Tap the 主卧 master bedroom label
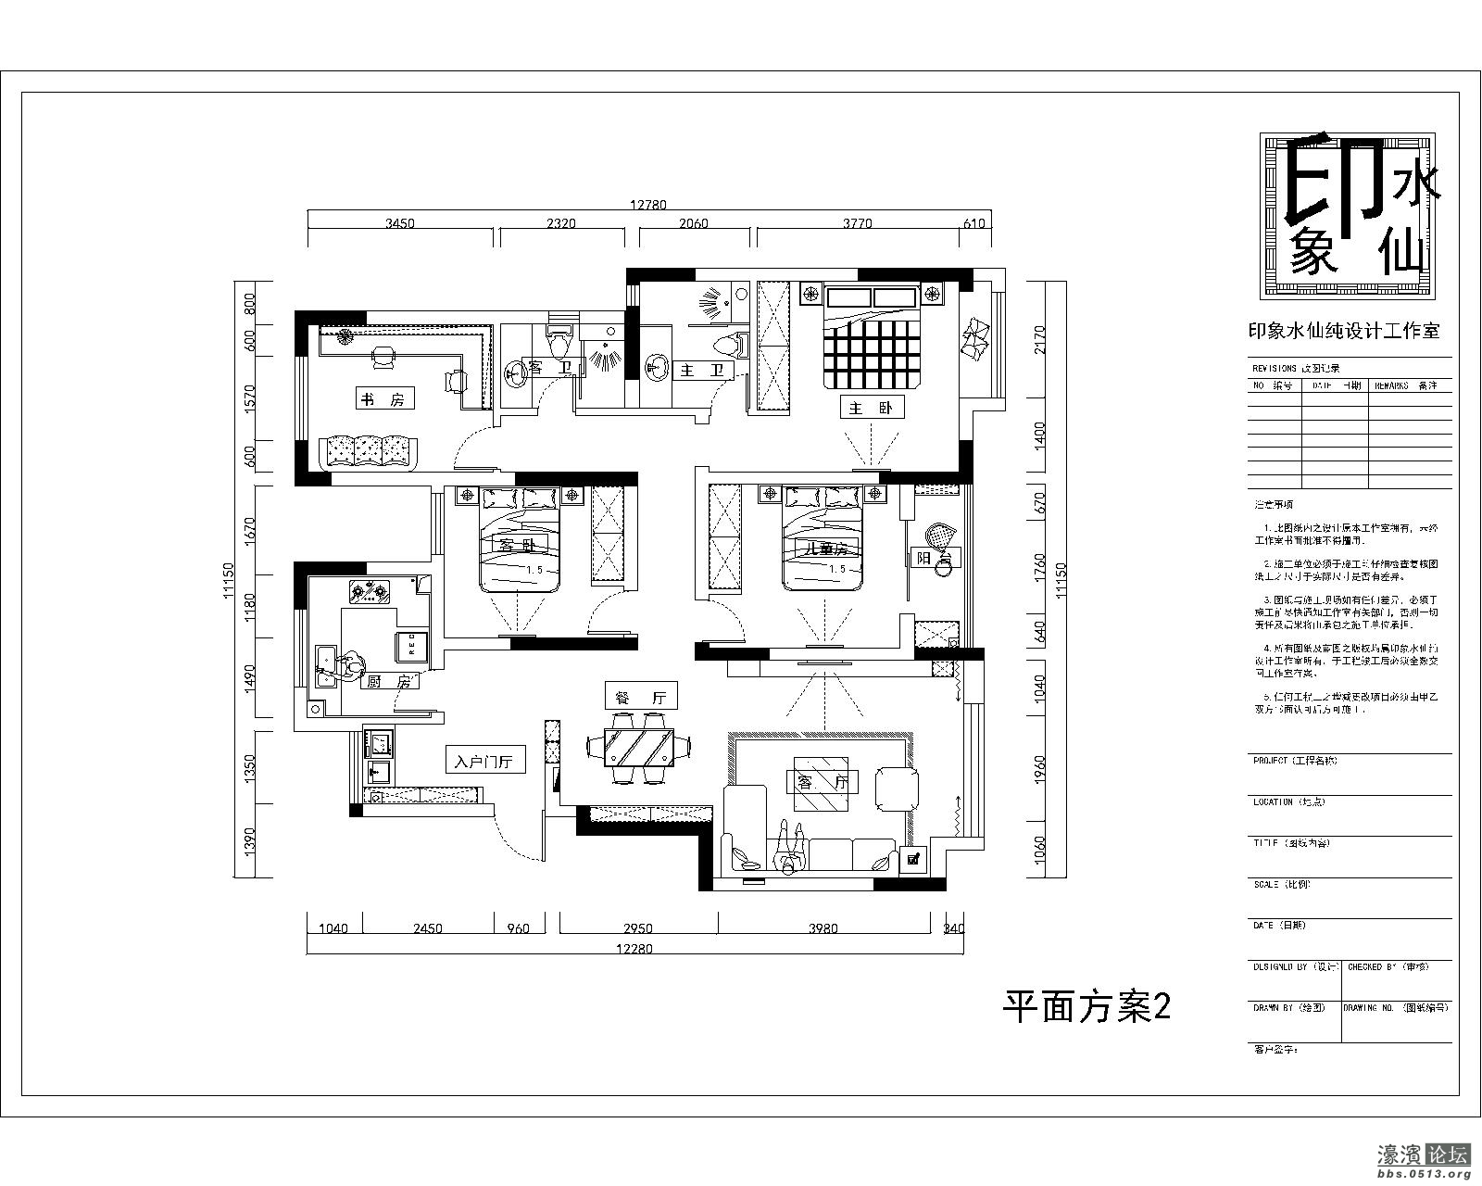871,407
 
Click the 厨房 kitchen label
388,681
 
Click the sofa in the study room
369,452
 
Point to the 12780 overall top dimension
648,205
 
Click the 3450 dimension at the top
399,223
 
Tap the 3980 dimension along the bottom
823,928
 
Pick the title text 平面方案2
1087,1007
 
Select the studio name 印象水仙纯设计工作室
1344,331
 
